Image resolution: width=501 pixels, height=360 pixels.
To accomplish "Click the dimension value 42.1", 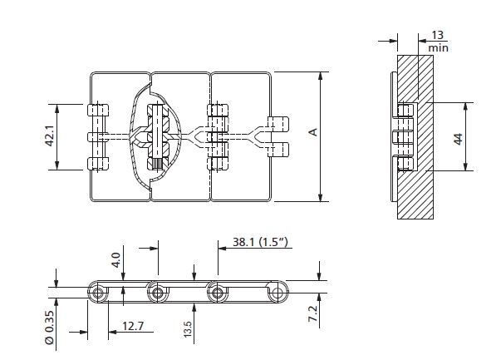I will coord(49,137).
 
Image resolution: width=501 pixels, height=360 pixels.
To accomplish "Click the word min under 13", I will coord(438,48).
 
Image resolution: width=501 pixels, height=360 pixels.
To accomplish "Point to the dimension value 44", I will coord(457,137).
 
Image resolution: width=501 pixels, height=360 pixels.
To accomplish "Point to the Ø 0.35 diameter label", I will coord(49,327).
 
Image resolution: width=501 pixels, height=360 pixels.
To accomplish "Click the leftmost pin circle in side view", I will coord(99,292).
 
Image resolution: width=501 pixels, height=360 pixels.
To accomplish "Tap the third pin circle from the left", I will coord(217,292).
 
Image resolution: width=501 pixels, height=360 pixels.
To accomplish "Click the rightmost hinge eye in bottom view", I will coord(276,292).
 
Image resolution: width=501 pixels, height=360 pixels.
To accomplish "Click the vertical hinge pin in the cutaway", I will coord(155,138).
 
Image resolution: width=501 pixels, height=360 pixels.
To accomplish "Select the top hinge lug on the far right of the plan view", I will coord(278,121).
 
